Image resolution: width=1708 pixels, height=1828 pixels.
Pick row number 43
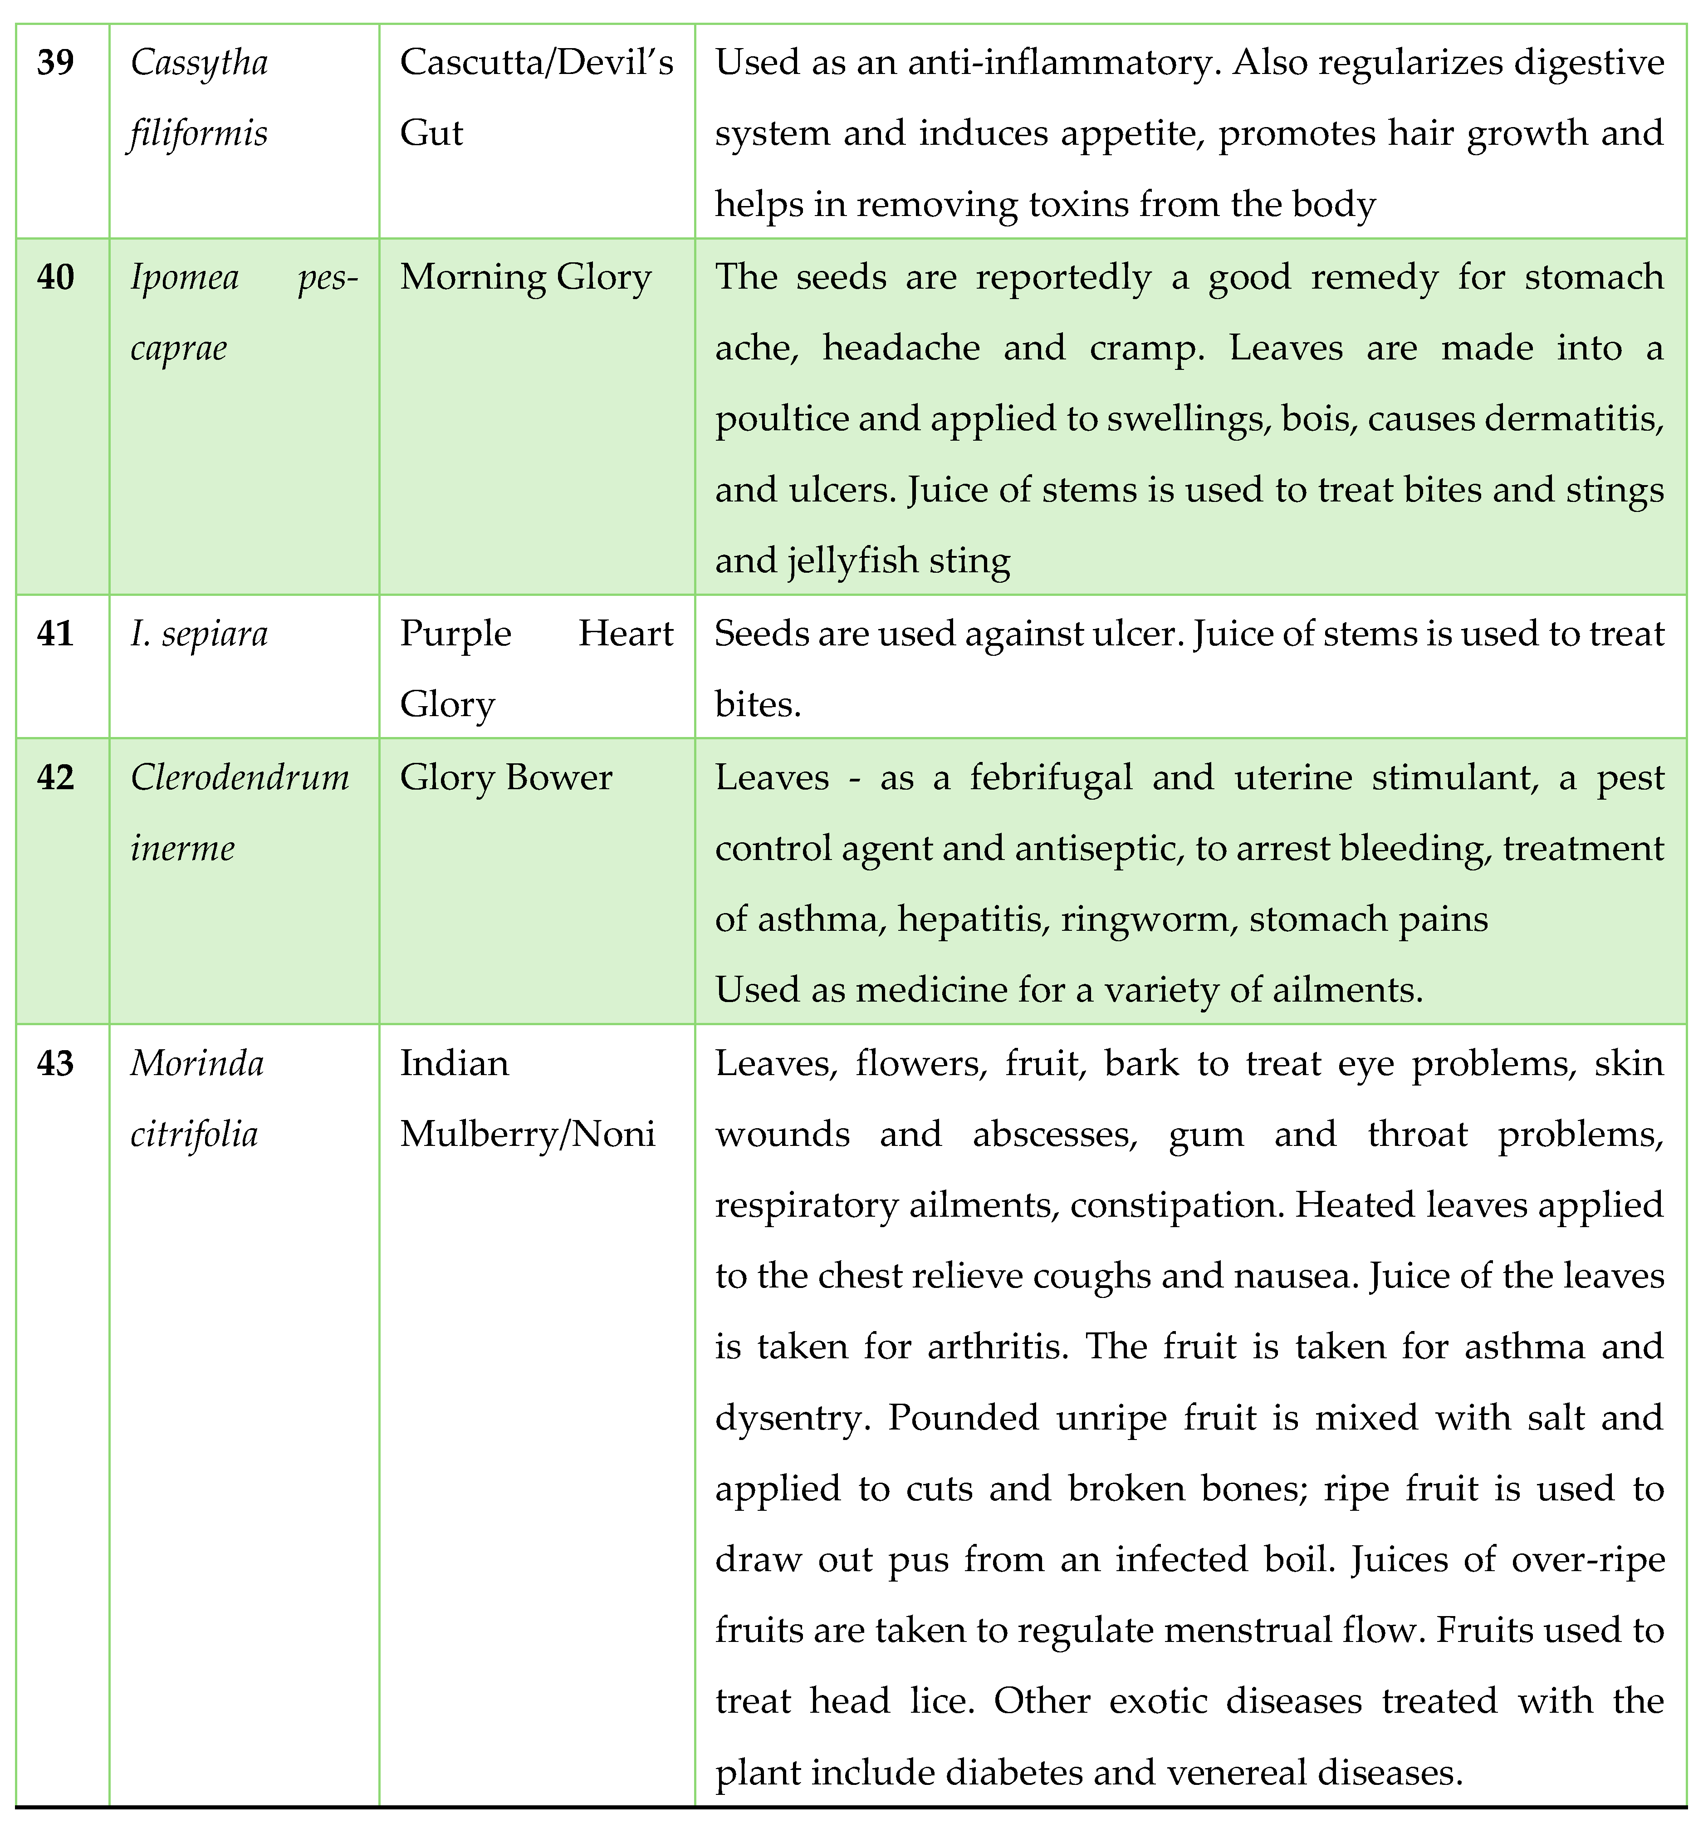tap(55, 1064)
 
